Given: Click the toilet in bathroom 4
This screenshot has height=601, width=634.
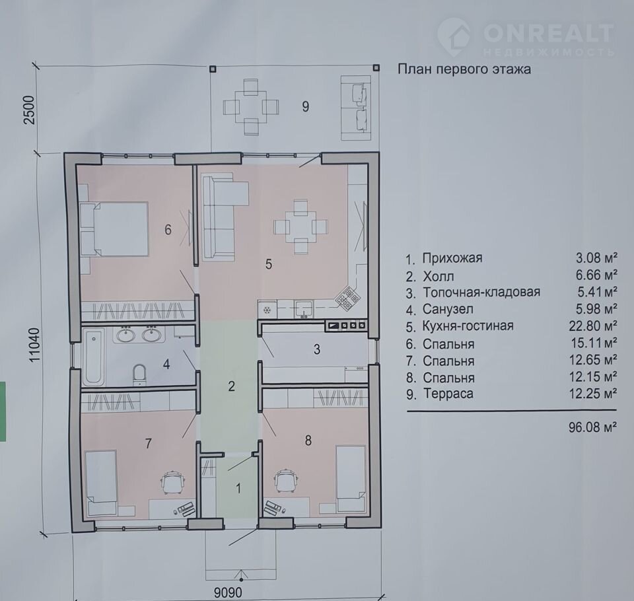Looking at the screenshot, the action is (139, 374).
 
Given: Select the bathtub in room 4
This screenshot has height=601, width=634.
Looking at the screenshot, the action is (94, 357).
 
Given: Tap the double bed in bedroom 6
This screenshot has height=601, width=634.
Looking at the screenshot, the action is (114, 229).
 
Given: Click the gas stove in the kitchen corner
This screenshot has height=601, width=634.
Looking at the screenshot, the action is (347, 298).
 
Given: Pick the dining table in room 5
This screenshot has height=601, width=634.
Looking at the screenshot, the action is (300, 227).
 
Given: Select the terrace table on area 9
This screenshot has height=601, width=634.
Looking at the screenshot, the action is (251, 107).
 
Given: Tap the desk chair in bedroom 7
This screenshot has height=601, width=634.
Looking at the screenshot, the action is (173, 481).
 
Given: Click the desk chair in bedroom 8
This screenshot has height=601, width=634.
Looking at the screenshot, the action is (287, 481).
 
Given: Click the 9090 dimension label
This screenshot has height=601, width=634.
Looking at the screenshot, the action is (228, 593).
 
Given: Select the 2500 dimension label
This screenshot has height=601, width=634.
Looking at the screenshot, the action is (30, 110).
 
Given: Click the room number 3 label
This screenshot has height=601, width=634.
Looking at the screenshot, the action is (317, 349).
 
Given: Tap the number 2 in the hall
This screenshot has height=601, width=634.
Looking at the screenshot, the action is (231, 386).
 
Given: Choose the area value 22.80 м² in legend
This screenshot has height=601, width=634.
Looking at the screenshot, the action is (593, 326).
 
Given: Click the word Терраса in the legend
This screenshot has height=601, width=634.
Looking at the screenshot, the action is (448, 394).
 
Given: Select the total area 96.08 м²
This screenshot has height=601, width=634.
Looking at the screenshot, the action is (592, 427).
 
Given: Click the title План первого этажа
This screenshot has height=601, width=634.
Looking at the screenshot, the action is (464, 69).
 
